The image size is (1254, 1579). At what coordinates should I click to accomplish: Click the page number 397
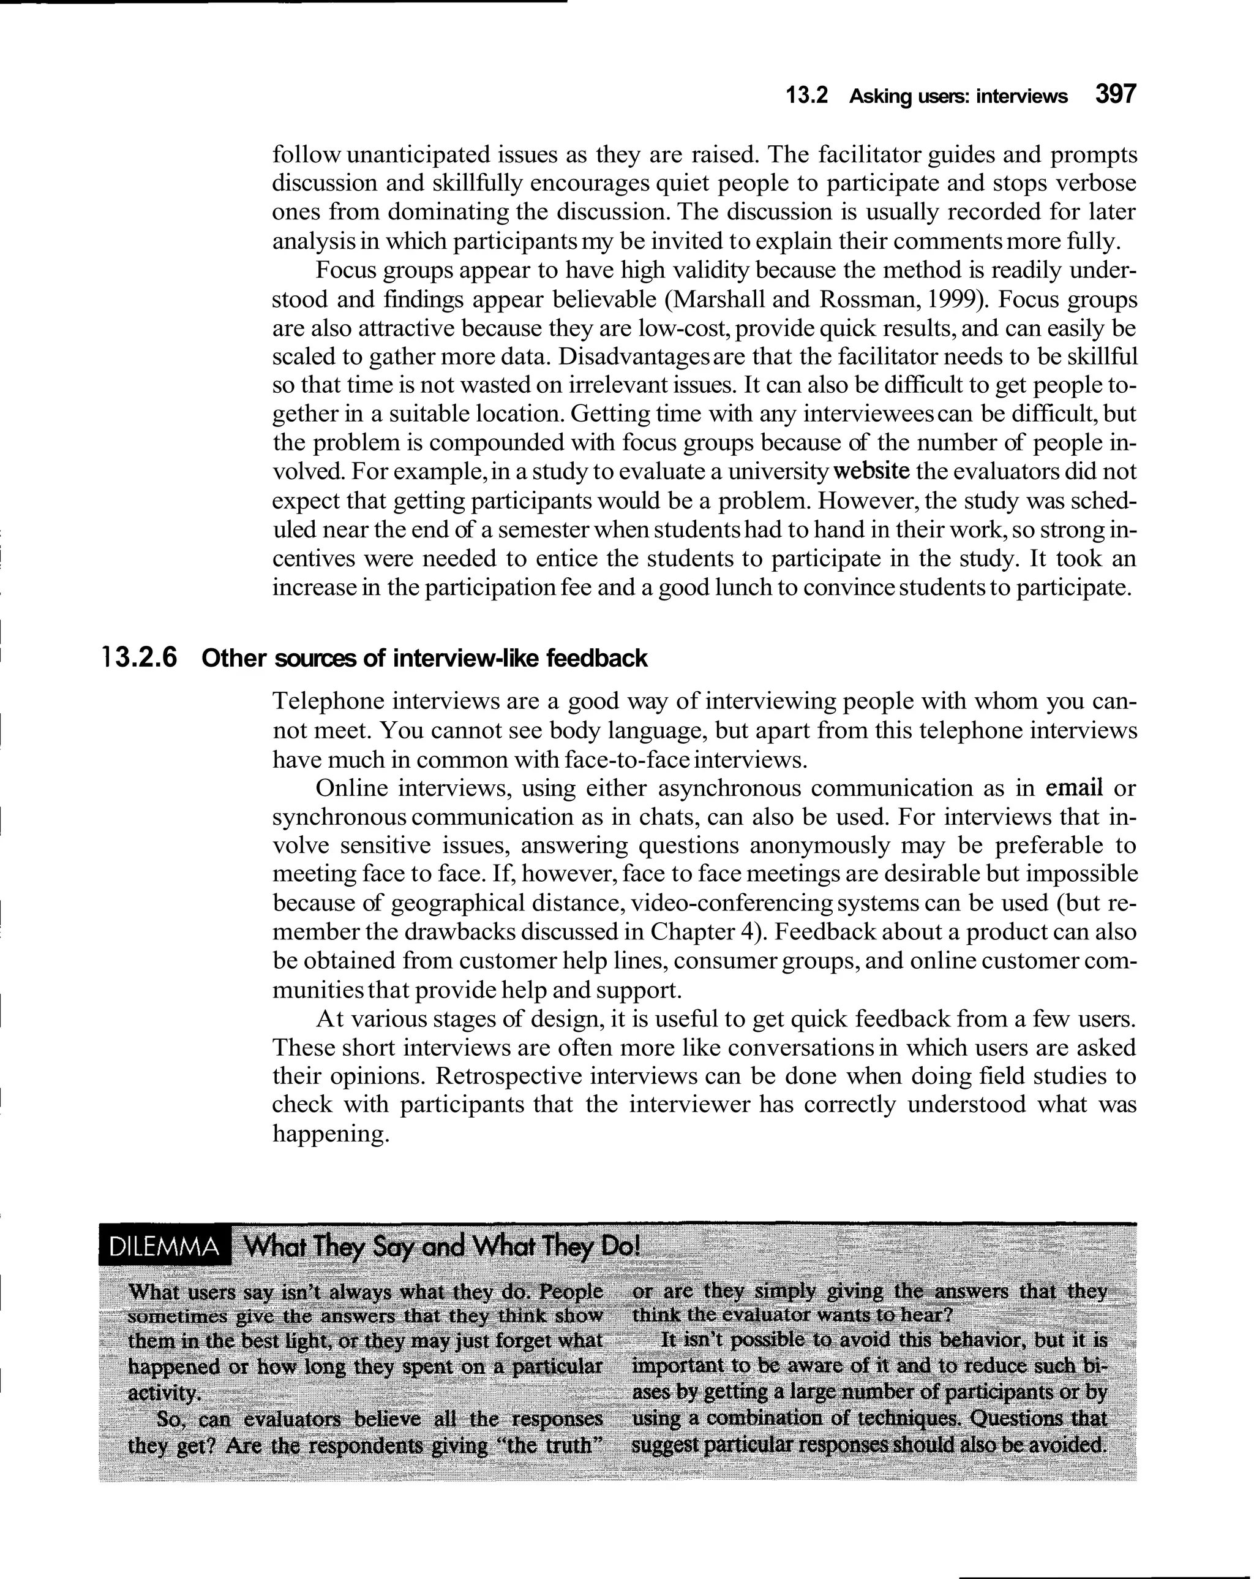(x=1115, y=94)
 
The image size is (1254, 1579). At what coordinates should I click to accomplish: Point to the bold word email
(x=1074, y=788)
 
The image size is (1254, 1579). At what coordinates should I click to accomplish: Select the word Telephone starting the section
(x=327, y=702)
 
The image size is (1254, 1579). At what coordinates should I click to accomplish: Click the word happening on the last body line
(x=328, y=1134)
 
